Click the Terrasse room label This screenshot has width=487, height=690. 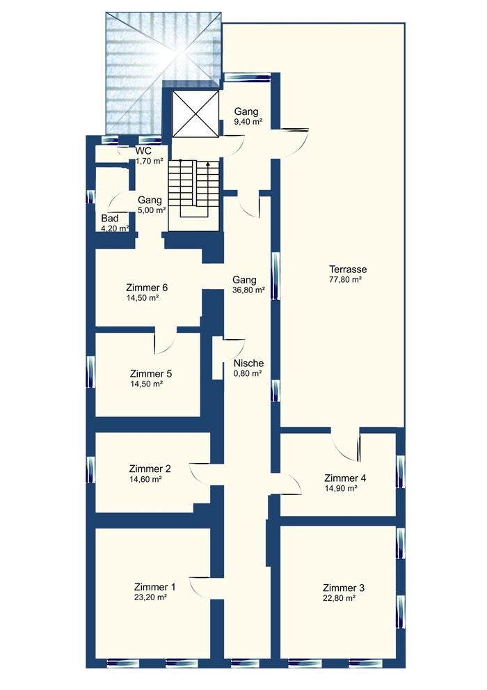(x=348, y=269)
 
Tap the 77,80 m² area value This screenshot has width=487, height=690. (x=346, y=279)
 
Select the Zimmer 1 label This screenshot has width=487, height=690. (x=154, y=587)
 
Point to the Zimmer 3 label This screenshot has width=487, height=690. (x=343, y=588)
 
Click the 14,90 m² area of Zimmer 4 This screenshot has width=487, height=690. (x=341, y=489)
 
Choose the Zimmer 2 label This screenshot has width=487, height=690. (x=150, y=469)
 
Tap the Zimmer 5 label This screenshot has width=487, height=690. (x=151, y=374)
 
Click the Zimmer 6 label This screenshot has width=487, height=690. (x=147, y=288)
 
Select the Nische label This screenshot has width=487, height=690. (x=249, y=363)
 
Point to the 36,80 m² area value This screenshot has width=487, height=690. (x=248, y=290)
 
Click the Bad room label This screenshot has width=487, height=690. (x=110, y=218)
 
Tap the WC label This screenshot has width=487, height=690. (x=143, y=151)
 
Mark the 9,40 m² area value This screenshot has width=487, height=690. (x=248, y=123)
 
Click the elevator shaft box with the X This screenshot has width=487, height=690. (x=195, y=114)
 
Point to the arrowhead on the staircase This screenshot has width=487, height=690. (x=207, y=164)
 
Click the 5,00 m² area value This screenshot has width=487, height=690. (x=152, y=210)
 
